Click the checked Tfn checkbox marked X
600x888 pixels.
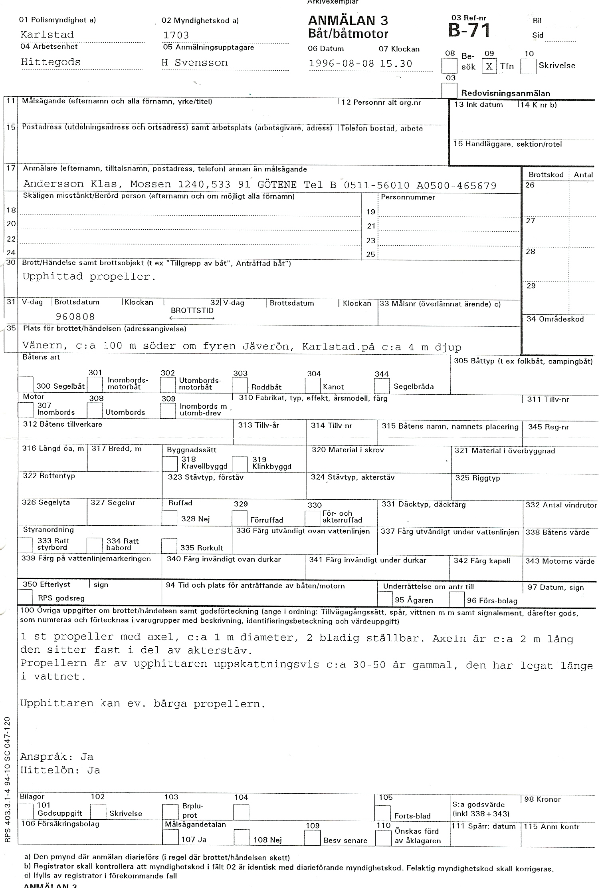(x=489, y=66)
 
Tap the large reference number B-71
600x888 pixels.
(x=469, y=30)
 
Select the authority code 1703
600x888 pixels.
(x=176, y=35)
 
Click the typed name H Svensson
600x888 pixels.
(x=194, y=63)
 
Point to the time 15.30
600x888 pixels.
(x=396, y=64)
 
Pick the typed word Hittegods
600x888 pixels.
(x=51, y=62)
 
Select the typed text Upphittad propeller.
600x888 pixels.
(x=89, y=276)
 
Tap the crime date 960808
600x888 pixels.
(x=75, y=317)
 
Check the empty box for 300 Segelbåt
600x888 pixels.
(x=26, y=385)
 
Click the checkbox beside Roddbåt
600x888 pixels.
(x=240, y=385)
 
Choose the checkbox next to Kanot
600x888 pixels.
(x=313, y=385)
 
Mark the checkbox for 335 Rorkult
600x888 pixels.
(x=169, y=546)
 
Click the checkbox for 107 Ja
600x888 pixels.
(x=170, y=838)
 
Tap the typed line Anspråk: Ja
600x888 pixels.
(x=57, y=757)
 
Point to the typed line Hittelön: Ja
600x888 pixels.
(x=60, y=770)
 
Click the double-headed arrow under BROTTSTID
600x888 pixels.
(x=192, y=318)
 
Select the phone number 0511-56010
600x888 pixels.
(x=376, y=185)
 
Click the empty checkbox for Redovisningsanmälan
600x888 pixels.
(x=449, y=90)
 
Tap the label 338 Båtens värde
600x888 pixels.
(x=557, y=532)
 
